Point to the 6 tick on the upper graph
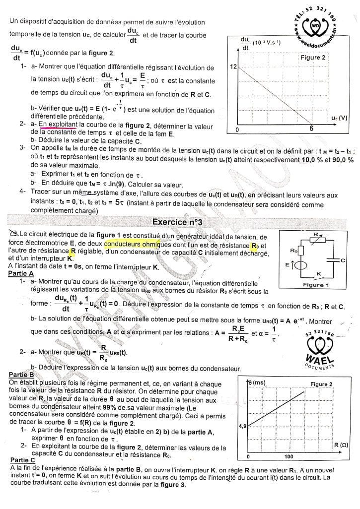click(311, 129)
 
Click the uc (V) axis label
click(339, 118)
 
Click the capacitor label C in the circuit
click(343, 259)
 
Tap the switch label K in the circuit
click(319, 273)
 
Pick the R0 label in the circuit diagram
click(293, 251)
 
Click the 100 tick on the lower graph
click(288, 456)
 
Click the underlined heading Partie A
click(21, 273)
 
